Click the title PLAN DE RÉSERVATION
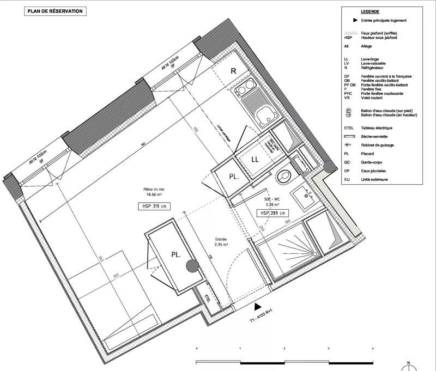(56, 10)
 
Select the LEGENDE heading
(370, 11)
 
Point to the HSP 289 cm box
(272, 213)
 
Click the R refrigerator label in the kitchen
(233, 71)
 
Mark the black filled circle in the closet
(191, 265)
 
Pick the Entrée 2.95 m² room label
(221, 242)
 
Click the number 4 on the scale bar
(372, 348)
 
